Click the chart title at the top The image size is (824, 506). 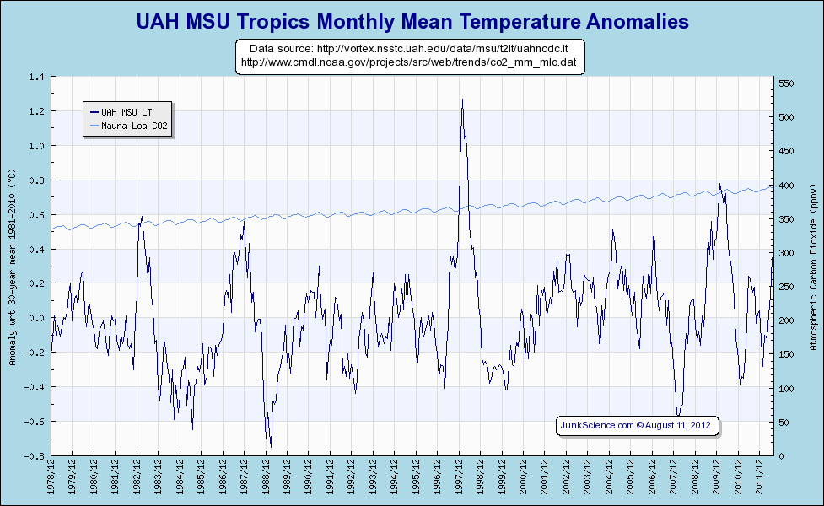[x=412, y=21]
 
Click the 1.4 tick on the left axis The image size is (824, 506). [x=36, y=77]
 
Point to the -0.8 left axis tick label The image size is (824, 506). [x=35, y=456]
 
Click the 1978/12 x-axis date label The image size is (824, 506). [x=52, y=476]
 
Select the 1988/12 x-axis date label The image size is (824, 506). [x=267, y=476]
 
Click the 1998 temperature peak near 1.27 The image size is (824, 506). [x=462, y=100]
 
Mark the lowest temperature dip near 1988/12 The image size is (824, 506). [x=270, y=445]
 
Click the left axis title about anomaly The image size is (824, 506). [x=12, y=266]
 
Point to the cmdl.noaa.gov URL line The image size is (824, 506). [x=408, y=62]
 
